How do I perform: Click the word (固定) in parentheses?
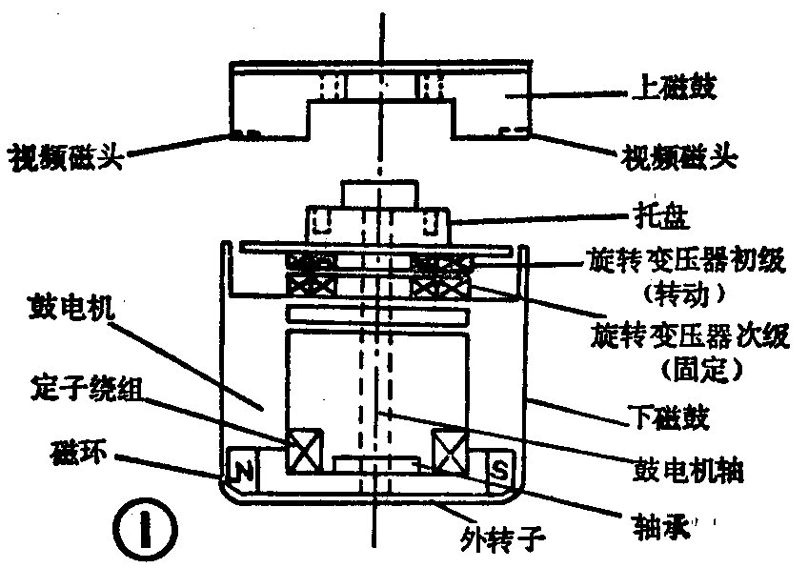pyautogui.click(x=690, y=365)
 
